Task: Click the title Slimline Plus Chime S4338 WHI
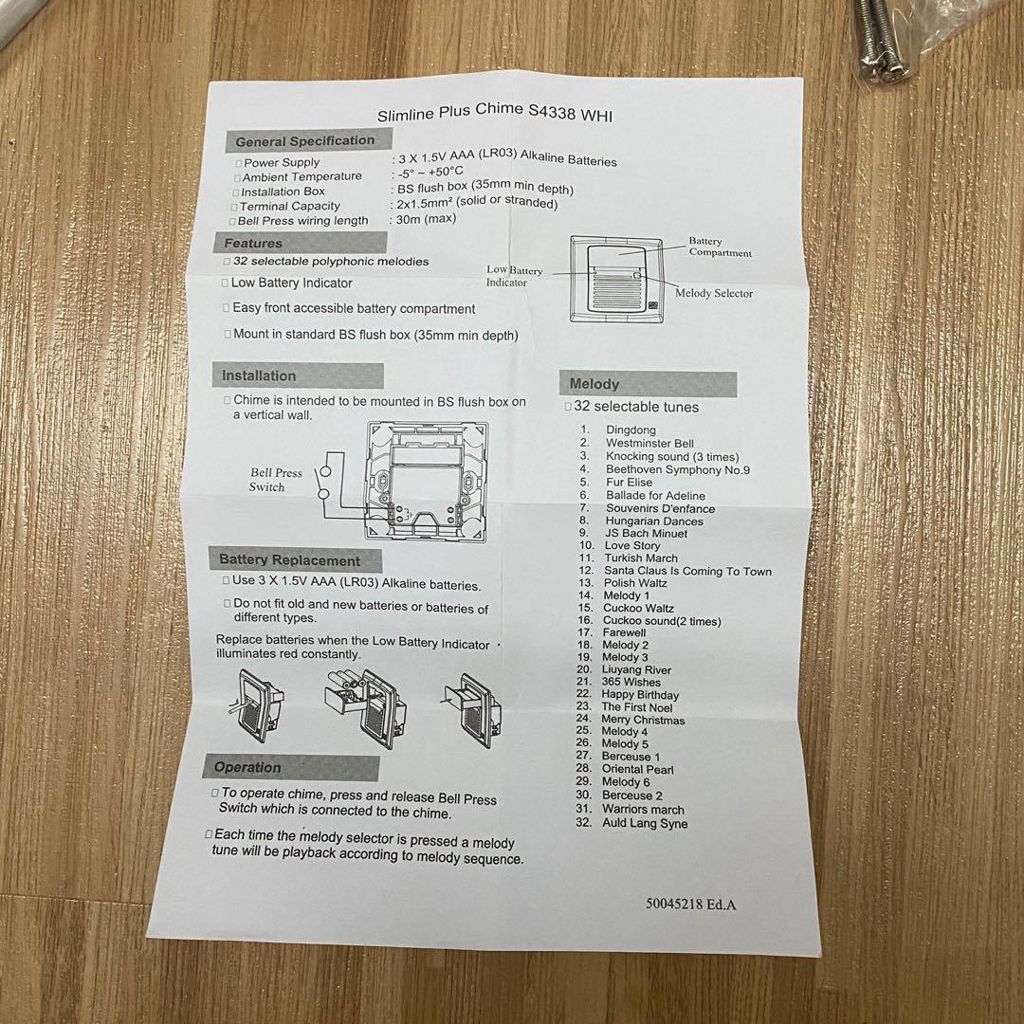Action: click(x=495, y=112)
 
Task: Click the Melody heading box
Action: click(x=648, y=384)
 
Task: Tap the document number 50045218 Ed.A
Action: click(x=691, y=905)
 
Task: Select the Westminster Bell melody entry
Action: click(x=649, y=444)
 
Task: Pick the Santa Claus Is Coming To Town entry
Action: click(x=687, y=571)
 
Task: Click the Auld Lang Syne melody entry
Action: click(x=645, y=823)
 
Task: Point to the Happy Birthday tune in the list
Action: click(x=640, y=694)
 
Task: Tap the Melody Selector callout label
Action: click(x=714, y=293)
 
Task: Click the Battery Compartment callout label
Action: click(x=720, y=247)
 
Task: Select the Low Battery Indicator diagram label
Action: click(x=515, y=276)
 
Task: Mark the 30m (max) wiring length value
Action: click(x=426, y=219)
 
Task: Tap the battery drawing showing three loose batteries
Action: click(x=364, y=707)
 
